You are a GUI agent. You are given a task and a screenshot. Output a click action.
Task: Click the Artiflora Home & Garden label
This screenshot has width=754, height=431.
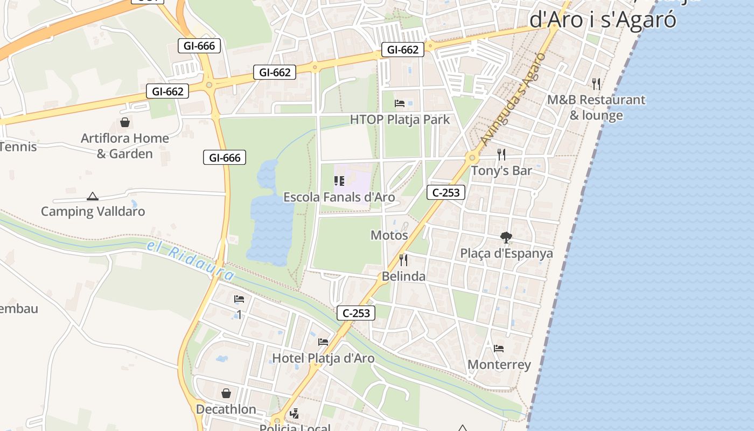[125, 146]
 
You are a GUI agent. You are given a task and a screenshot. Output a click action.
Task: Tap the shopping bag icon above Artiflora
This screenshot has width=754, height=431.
[125, 123]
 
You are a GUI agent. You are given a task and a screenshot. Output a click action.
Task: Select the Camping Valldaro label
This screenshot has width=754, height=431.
[93, 211]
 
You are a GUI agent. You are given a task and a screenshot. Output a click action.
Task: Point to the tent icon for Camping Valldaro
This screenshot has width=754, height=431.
[93, 197]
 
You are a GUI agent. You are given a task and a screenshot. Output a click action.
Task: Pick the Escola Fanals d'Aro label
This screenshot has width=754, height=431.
[339, 197]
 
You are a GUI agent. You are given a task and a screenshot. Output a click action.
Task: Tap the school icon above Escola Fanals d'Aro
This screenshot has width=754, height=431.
[339, 181]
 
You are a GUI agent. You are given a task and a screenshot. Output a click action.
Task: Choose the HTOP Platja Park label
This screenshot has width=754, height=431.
[400, 120]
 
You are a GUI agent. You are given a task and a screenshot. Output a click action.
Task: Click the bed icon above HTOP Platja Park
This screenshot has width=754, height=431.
[400, 103]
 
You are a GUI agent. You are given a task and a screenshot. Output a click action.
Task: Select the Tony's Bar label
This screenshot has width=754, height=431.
[501, 171]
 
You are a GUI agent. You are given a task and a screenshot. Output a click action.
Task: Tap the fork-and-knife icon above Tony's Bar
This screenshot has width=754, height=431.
[501, 155]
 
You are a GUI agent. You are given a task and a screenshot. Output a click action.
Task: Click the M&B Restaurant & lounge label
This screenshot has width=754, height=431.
[596, 107]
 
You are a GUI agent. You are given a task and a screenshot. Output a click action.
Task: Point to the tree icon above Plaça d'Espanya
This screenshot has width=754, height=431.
[506, 237]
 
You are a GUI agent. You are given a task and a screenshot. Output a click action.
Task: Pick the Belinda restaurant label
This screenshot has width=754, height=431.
[403, 276]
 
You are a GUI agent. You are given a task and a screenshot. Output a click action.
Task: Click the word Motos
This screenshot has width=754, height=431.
[389, 235]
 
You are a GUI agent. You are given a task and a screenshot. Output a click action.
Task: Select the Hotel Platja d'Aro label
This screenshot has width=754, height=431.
[323, 358]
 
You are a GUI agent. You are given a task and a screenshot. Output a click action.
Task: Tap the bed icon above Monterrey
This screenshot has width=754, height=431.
[499, 349]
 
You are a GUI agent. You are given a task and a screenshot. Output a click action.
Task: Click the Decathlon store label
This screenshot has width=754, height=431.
[226, 409]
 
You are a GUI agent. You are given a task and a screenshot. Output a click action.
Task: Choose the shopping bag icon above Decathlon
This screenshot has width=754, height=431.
[226, 393]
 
